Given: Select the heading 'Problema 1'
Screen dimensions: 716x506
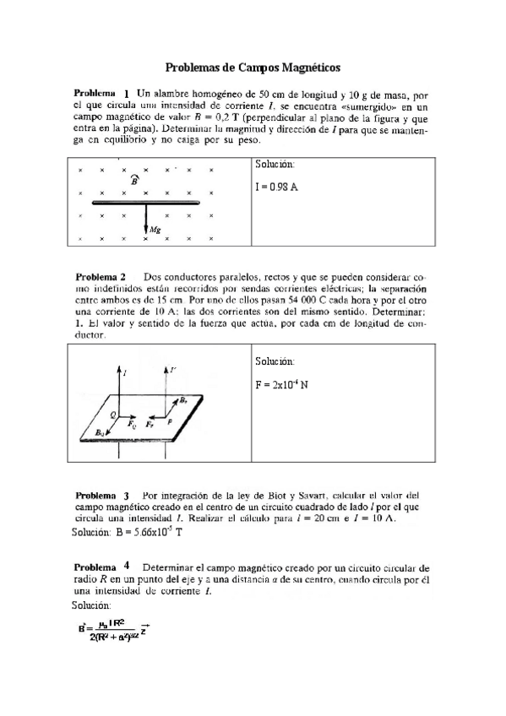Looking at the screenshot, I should tap(102, 94).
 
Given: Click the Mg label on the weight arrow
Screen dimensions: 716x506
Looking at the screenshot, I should tap(155, 230).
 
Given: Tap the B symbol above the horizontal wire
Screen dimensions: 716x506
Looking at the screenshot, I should tap(134, 179).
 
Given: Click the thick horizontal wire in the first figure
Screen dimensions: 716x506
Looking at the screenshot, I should tap(145, 203).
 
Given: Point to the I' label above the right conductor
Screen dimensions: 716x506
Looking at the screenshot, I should tap(173, 370).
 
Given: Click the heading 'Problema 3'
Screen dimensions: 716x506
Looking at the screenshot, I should tap(102, 495).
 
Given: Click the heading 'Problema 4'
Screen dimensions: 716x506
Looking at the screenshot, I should tap(102, 567).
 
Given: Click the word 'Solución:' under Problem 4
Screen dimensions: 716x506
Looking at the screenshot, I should tap(91, 605).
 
